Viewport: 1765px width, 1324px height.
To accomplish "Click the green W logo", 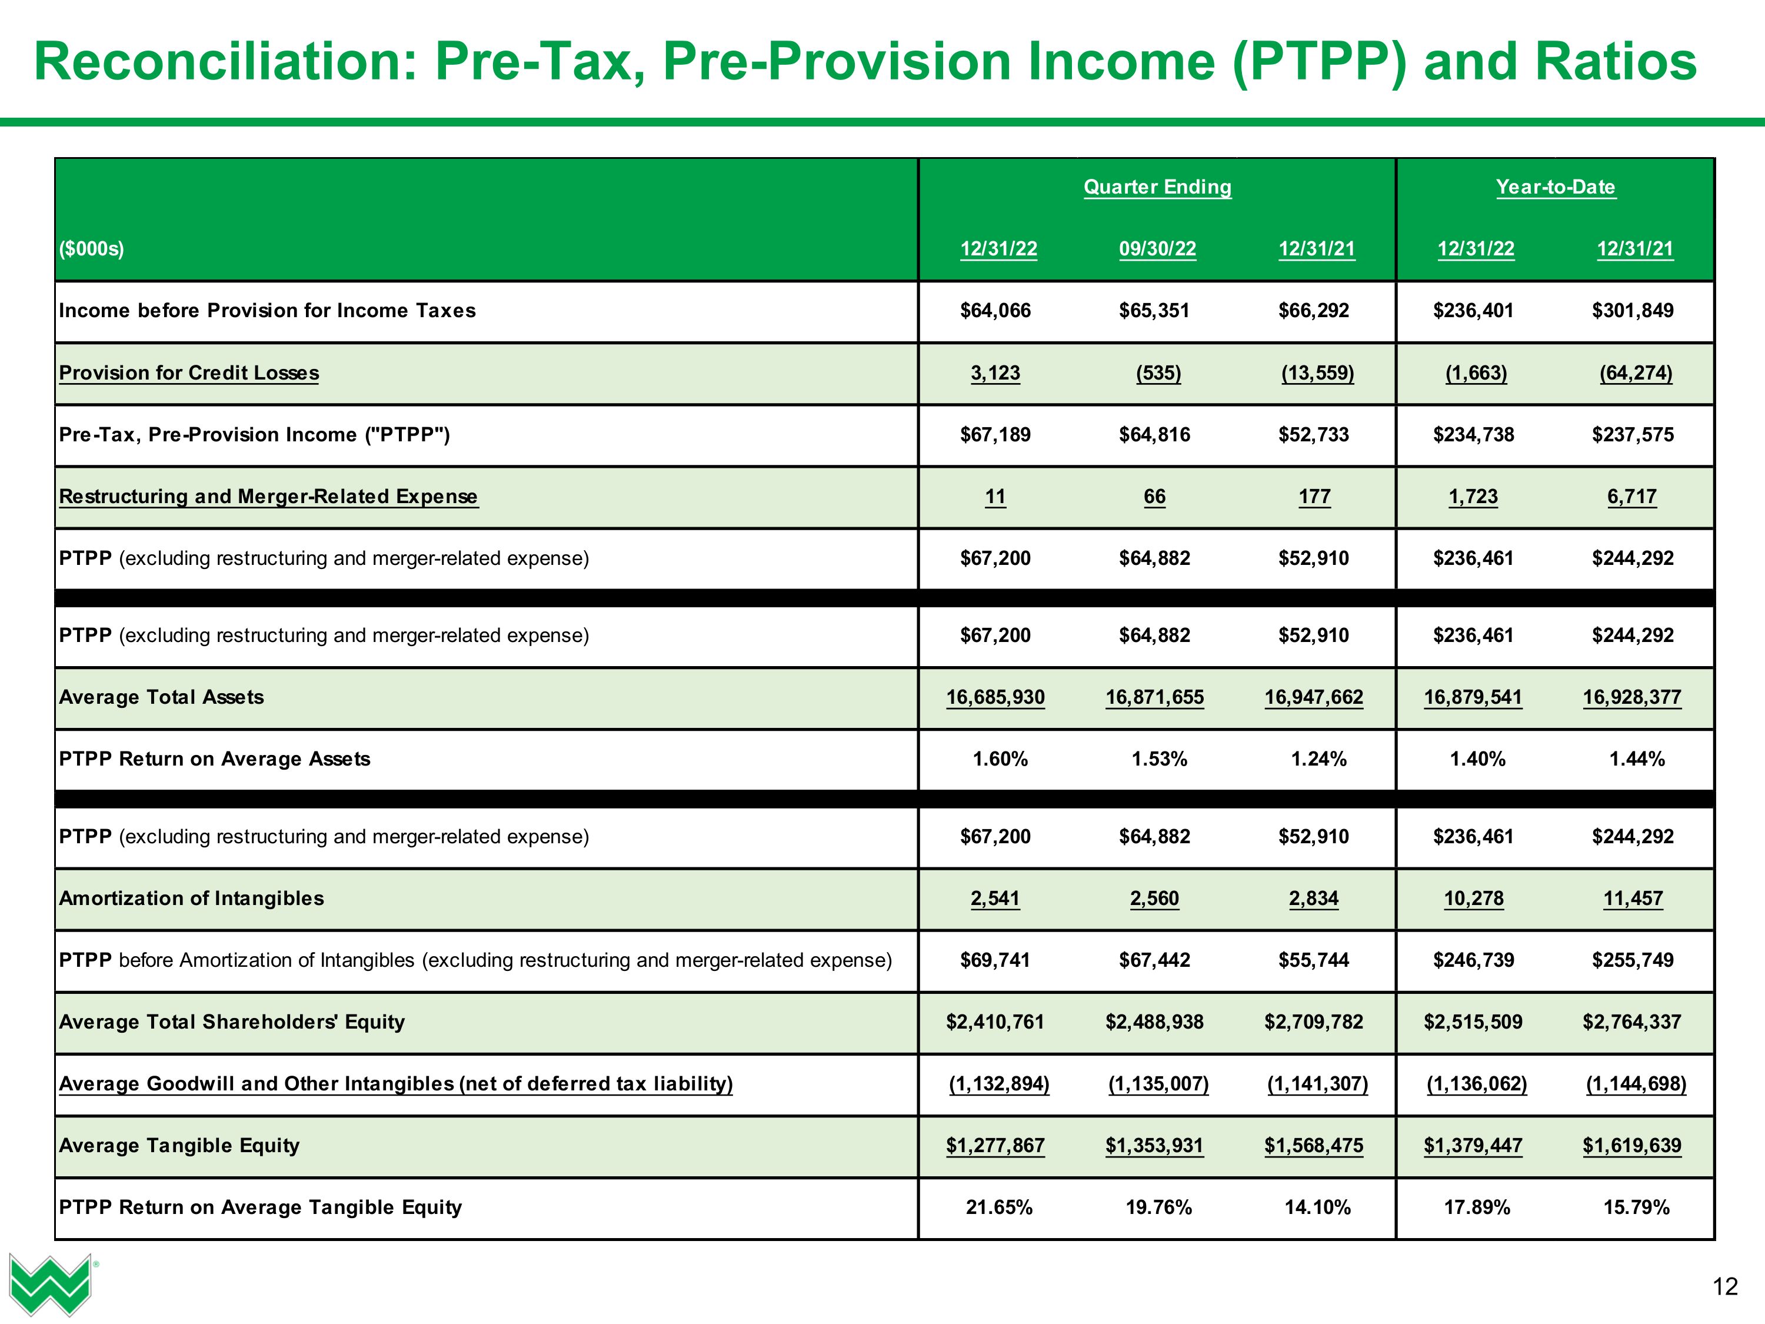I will [49, 1283].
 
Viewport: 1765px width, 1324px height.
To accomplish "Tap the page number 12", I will [1724, 1286].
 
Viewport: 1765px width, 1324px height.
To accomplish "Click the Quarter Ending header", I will [1157, 187].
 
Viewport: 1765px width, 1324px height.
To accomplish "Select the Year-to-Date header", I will [1555, 187].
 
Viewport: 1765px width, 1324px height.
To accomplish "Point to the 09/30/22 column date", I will [1157, 249].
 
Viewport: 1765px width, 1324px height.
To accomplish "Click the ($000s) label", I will [92, 249].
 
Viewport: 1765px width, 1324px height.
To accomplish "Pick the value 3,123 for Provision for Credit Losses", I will [995, 372].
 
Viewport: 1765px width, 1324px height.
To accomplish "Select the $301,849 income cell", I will [1633, 311].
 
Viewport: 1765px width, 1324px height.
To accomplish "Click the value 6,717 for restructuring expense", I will [1632, 497].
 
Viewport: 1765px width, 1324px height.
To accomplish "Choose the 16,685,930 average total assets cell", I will [995, 697].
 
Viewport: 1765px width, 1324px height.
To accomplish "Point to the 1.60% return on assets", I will [1000, 759].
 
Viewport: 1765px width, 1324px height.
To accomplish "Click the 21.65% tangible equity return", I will [999, 1207].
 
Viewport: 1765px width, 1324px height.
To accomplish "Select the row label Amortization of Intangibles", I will [191, 899].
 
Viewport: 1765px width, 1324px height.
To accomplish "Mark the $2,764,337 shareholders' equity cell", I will [1632, 1022].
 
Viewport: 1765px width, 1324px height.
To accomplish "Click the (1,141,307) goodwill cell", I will [1317, 1084].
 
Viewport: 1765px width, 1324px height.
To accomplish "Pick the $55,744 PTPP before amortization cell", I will [1313, 960].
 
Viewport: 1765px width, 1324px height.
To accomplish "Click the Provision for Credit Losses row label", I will [189, 372].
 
